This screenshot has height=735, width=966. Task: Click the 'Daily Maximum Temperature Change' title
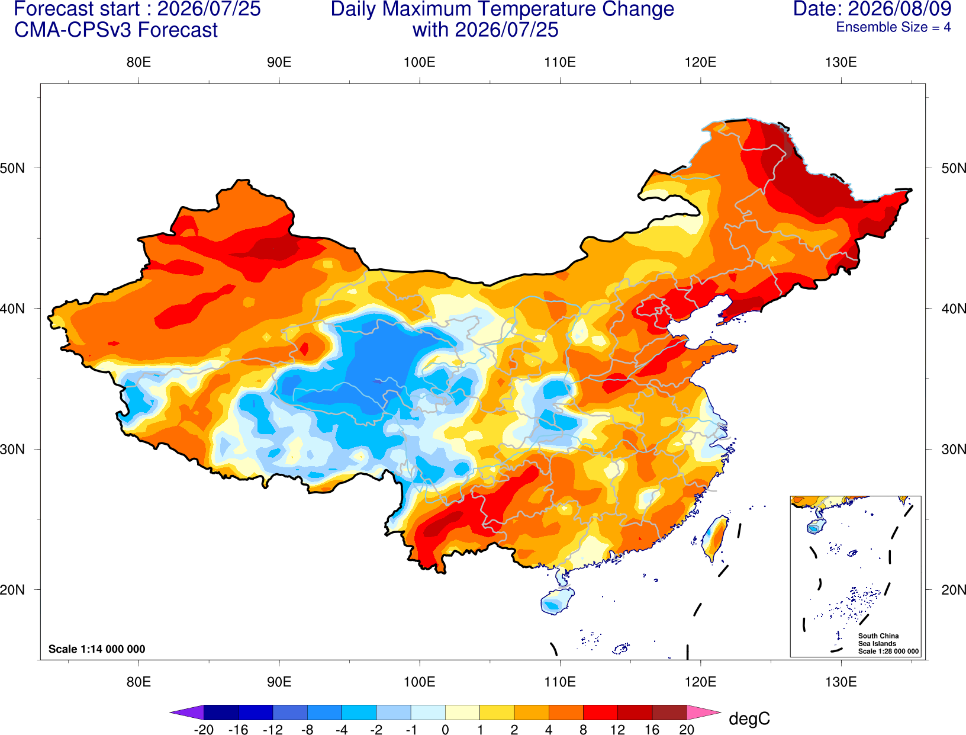502,9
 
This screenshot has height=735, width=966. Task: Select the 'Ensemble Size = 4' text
893,27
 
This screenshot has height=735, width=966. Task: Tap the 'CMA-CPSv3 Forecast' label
116,30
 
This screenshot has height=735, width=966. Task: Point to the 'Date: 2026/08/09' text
872,9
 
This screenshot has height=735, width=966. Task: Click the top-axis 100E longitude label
420,62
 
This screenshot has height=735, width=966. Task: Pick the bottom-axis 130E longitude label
841,682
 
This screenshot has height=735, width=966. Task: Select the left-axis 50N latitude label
12,168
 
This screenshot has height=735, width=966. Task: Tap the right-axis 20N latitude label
954,590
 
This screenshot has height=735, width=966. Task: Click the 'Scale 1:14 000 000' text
97,649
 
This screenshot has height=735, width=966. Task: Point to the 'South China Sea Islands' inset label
878,640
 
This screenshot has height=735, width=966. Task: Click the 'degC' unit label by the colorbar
749,718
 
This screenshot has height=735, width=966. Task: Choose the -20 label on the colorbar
204,730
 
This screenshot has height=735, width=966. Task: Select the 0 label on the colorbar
445,730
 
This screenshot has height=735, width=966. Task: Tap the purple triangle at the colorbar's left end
190,712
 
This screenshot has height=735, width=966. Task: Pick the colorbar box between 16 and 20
669,712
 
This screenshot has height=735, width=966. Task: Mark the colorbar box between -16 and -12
255,712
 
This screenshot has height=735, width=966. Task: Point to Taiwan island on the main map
715,538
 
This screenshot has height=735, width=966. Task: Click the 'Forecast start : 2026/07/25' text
137,9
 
